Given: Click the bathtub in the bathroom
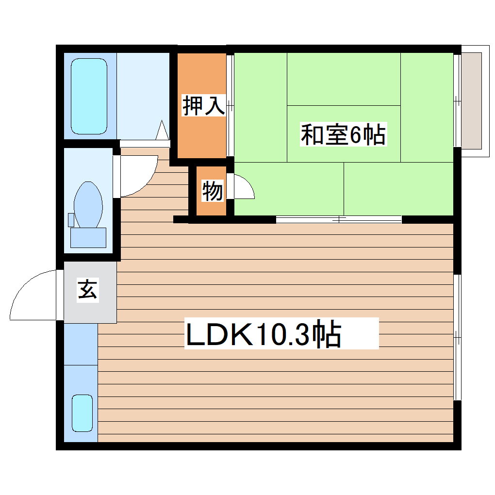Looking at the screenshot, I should (x=89, y=97).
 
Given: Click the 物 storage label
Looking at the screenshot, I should (x=212, y=191).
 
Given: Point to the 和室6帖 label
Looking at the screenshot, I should (x=343, y=134).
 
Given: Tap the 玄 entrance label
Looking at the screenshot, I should (x=88, y=291).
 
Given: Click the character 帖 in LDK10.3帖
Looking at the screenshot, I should (x=326, y=334).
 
